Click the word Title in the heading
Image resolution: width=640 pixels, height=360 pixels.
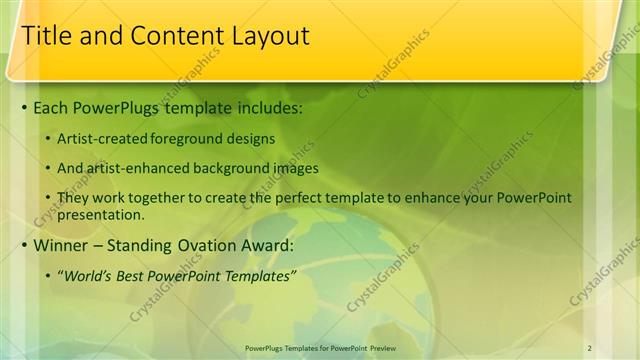[x=45, y=36]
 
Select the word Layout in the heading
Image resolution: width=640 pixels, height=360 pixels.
[x=264, y=36]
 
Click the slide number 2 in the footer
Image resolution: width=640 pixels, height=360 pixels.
[x=591, y=346]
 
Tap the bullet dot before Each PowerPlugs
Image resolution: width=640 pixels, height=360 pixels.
[x=24, y=105]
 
